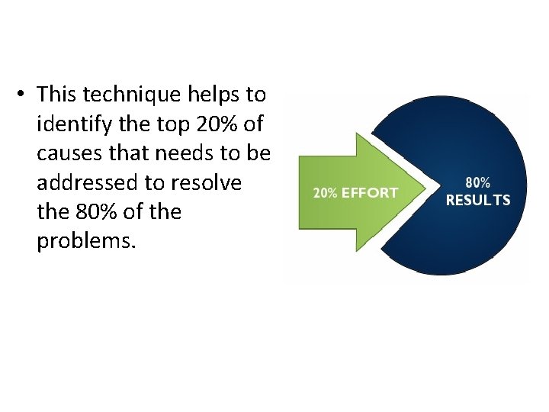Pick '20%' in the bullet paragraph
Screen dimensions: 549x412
tap(222, 124)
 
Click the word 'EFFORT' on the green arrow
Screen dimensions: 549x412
tap(369, 193)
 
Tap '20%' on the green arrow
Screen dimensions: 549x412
tap(326, 193)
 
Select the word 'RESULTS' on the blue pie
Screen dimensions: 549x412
tap(478, 201)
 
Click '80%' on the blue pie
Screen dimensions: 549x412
tap(478, 183)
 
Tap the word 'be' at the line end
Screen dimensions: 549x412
tap(259, 153)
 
